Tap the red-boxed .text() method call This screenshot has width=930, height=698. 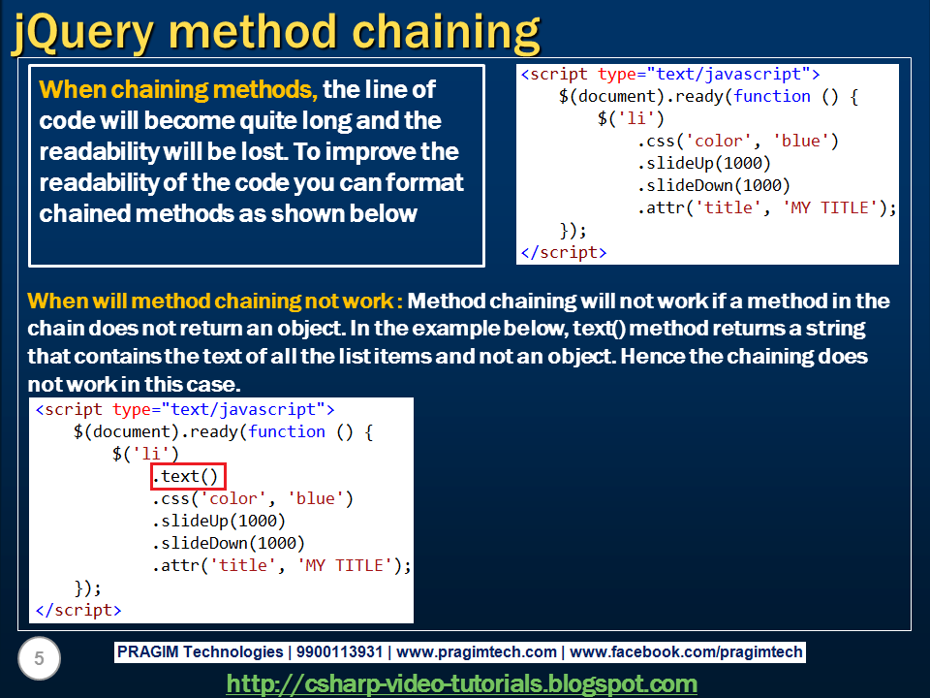tap(189, 476)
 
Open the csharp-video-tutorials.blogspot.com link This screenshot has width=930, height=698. tap(462, 683)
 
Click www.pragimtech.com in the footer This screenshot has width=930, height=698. tap(477, 652)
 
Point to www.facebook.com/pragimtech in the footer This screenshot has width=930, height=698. tap(687, 652)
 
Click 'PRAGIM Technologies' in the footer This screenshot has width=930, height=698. tap(200, 652)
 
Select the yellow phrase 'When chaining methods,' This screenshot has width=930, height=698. tap(178, 90)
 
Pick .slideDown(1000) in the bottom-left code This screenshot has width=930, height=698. tap(228, 543)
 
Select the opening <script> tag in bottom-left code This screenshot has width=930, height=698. tap(184, 409)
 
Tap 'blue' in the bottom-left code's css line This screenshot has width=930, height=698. tap(315, 498)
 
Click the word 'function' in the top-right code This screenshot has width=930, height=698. tap(772, 96)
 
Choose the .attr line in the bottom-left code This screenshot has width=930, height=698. tap(281, 565)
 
